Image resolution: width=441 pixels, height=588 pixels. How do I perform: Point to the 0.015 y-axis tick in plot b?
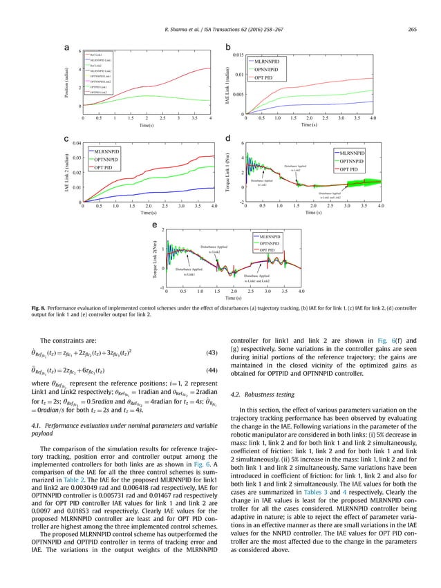[235, 55]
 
